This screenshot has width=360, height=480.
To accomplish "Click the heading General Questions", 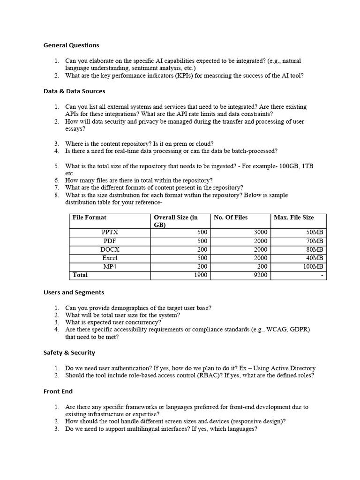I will click(71, 45).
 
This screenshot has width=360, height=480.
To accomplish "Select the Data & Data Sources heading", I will click(74, 91).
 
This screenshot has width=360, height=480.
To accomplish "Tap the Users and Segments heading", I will click(74, 292).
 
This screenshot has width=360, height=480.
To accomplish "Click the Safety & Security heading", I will click(69, 352).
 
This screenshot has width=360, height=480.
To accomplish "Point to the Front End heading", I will click(58, 391).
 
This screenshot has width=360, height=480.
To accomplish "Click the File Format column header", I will click(89, 217).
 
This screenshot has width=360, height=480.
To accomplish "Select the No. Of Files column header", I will click(231, 217).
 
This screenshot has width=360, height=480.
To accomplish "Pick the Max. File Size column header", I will click(293, 217).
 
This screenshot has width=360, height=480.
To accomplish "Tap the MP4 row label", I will click(110, 267).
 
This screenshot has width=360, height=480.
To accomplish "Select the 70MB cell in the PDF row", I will click(314, 241).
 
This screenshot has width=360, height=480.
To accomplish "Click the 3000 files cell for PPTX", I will click(260, 232).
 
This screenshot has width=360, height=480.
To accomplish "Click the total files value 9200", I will click(260, 275).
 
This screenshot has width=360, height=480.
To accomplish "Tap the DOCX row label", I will click(110, 249).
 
